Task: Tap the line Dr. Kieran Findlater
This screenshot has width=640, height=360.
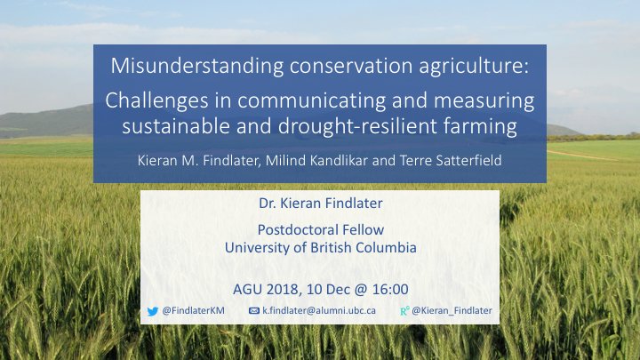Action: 320,204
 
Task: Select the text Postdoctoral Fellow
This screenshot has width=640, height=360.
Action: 320,230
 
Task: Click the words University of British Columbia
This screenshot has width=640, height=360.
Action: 320,247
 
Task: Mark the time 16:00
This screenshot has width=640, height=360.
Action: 388,289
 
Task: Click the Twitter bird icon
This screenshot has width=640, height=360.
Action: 156,311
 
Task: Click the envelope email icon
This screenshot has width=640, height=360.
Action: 254,311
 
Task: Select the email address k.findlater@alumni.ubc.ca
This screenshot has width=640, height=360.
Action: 319,311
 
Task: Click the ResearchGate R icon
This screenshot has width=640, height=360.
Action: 404,311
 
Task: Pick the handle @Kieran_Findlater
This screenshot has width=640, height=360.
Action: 452,311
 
